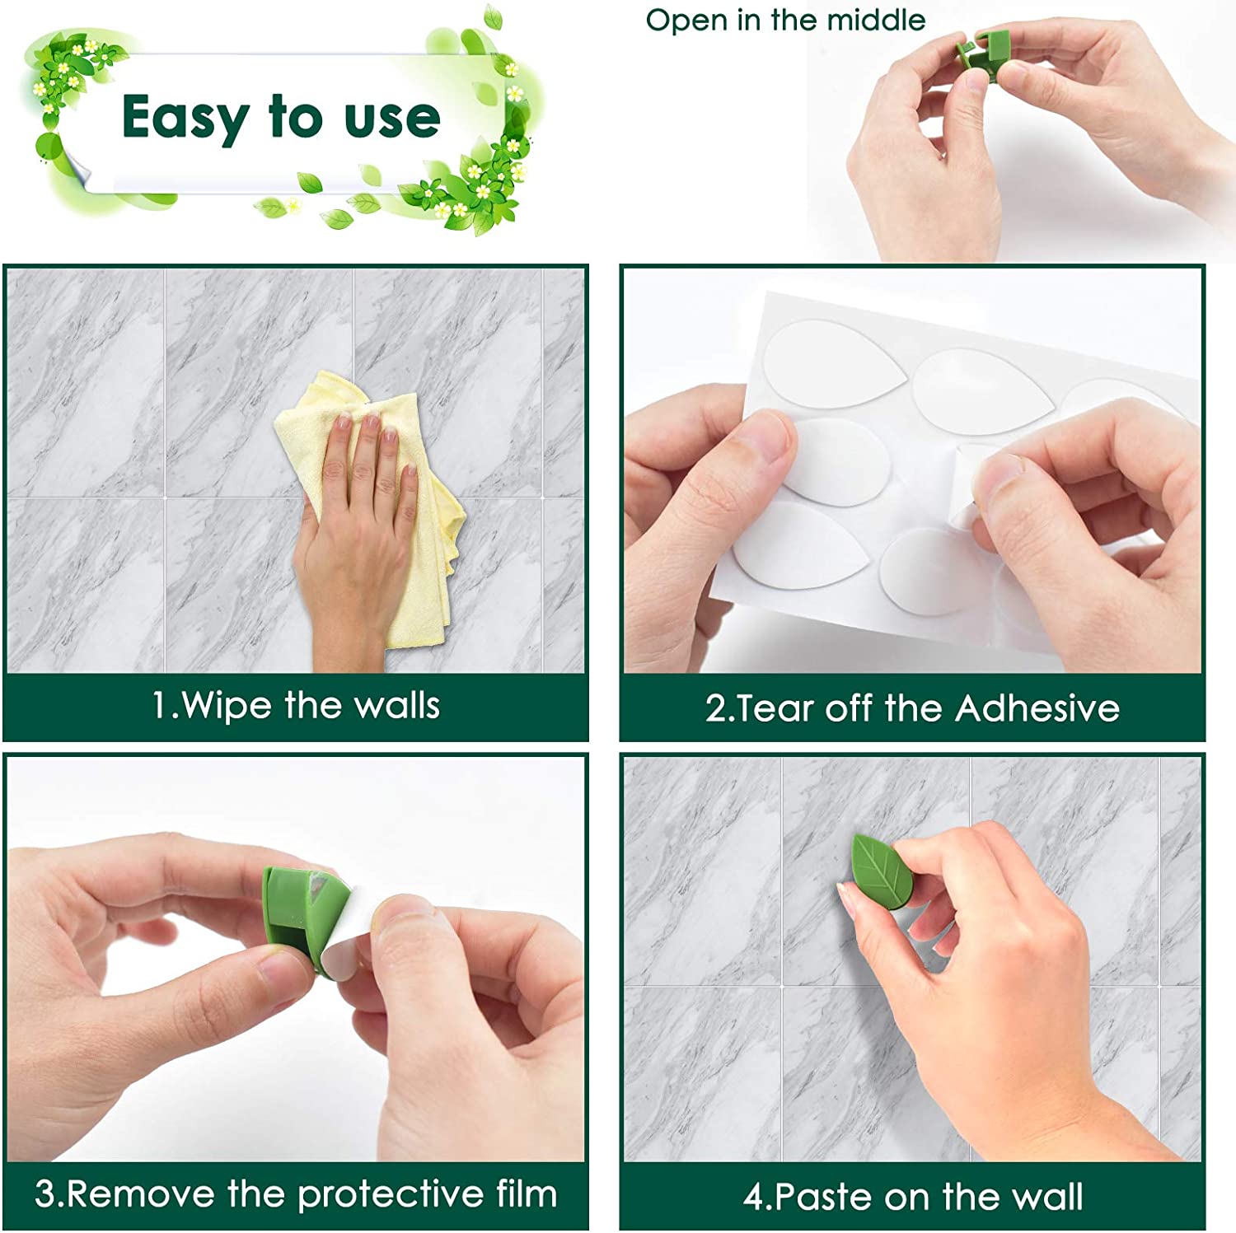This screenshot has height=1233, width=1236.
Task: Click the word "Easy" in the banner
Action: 185,118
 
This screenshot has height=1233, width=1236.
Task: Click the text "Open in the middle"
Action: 785,21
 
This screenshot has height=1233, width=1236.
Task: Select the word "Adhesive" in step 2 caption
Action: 1037,708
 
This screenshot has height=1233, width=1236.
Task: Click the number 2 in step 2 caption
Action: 714,709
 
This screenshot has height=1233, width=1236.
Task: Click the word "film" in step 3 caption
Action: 527,1193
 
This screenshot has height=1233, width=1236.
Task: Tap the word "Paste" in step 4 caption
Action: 825,1197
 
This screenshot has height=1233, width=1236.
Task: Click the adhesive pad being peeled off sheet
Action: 972,486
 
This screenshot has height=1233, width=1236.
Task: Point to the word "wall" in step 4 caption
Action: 1048,1197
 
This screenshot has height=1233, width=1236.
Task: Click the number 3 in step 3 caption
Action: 44,1195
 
